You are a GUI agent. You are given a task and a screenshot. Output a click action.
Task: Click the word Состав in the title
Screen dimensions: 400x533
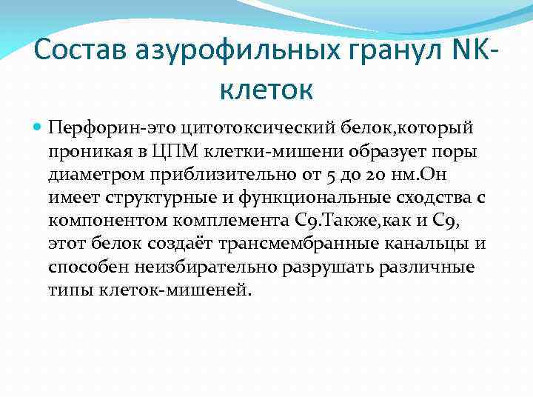[79, 51]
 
